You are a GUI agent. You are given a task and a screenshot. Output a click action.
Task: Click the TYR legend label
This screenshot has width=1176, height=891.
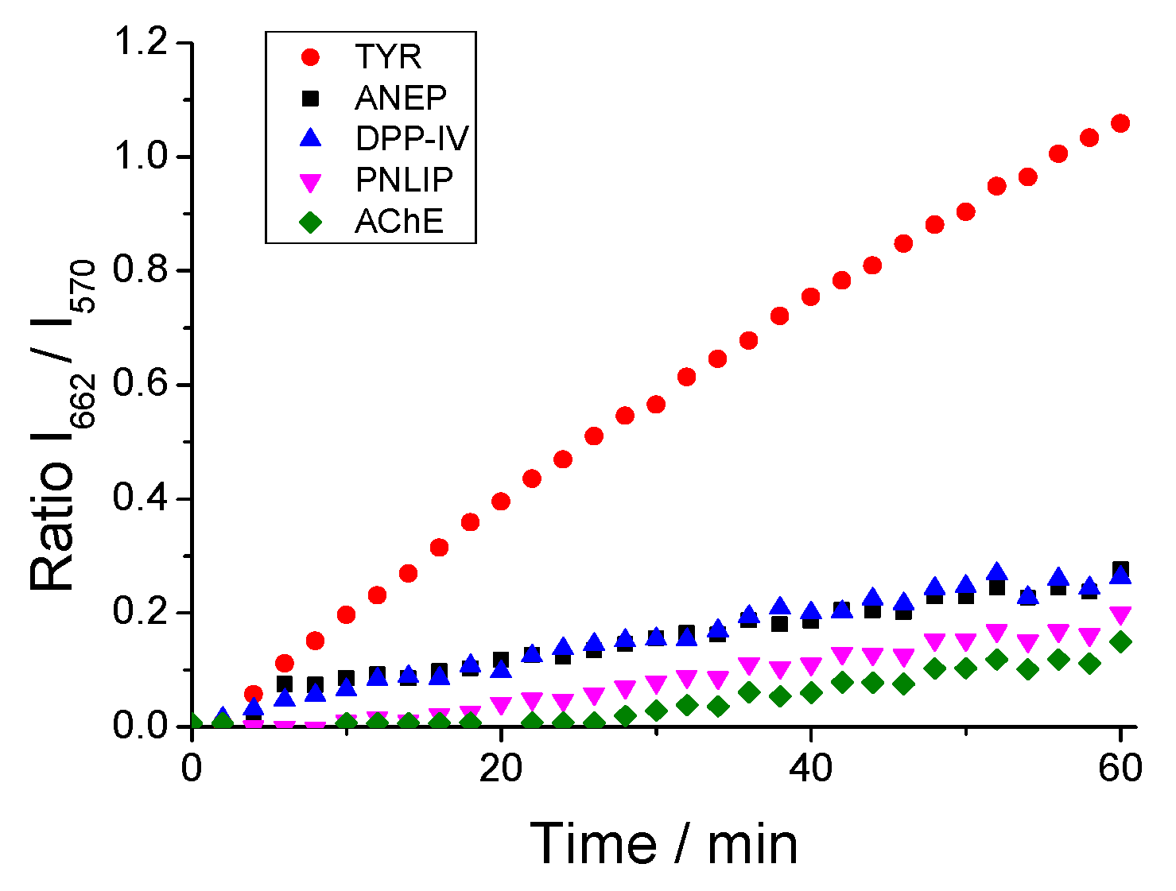coord(388,57)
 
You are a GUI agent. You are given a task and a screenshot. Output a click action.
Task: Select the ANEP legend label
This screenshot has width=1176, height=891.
coord(401,99)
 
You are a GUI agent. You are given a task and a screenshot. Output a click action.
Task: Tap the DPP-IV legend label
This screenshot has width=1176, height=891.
coord(412,139)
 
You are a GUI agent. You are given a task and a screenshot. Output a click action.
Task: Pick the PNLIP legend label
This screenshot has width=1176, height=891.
coord(404,180)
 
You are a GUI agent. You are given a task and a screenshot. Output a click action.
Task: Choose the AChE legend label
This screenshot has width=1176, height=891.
coord(399,222)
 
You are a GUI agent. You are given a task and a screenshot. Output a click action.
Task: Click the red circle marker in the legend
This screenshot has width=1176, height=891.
coord(311,57)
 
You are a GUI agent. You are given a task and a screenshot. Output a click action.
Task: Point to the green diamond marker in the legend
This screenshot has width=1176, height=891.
coord(311,222)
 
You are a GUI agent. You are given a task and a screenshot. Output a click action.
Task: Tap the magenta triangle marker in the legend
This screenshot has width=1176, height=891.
coord(311,182)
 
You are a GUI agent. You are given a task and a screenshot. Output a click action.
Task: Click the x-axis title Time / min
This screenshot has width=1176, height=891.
coord(664,844)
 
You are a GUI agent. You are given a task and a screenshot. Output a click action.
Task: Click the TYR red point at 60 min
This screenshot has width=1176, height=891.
coord(1120,123)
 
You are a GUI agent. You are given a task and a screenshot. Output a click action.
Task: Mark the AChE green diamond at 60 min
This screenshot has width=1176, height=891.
coord(1120,642)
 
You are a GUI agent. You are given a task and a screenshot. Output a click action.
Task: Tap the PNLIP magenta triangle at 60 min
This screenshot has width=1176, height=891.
coord(1120,615)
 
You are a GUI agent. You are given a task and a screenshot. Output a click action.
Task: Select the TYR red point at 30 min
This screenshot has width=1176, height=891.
coord(656,405)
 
